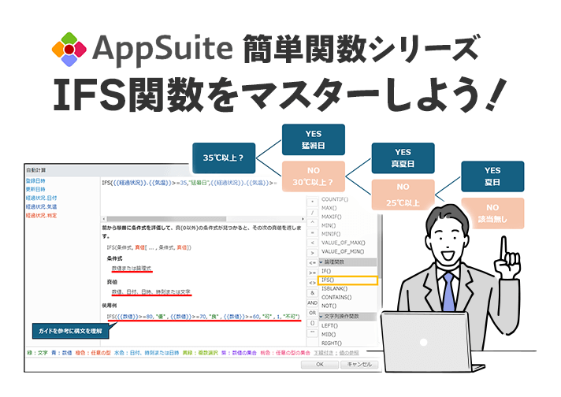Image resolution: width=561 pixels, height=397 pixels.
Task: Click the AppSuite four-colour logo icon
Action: tap(69, 49)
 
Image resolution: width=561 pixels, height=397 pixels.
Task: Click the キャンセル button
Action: tap(359, 365)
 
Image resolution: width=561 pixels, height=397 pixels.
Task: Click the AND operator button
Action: tap(312, 302)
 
